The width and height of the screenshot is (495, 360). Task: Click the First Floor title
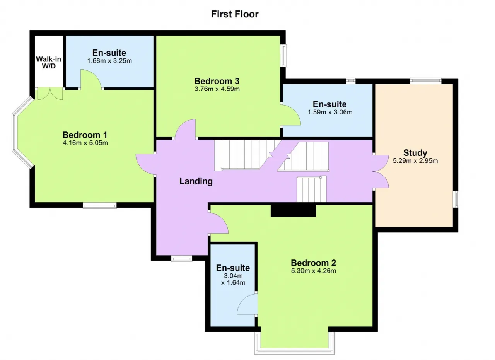click(235, 14)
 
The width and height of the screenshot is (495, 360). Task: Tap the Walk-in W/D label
click(49, 63)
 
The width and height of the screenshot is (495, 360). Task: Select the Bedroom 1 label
click(85, 135)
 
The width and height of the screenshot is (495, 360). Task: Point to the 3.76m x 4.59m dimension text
click(217, 89)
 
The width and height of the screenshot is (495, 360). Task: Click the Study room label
click(415, 153)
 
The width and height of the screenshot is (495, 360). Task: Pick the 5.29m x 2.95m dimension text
click(415, 161)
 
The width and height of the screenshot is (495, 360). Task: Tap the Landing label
click(196, 181)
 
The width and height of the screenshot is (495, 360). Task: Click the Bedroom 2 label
click(313, 263)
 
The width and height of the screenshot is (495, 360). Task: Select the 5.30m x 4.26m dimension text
click(314, 271)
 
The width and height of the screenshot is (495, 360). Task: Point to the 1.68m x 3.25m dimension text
click(109, 61)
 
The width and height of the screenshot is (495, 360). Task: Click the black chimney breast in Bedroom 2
click(294, 210)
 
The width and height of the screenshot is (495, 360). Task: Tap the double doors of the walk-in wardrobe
click(50, 94)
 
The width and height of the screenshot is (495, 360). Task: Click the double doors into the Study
click(381, 171)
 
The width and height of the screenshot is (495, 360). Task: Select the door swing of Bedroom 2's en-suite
click(247, 304)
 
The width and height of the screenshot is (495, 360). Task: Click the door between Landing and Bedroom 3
click(185, 129)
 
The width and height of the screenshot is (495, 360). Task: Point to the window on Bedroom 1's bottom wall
click(100, 206)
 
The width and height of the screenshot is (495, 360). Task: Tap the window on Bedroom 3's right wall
click(283, 55)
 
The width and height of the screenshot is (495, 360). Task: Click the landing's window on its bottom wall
click(182, 258)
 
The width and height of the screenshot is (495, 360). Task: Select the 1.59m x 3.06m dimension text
click(330, 112)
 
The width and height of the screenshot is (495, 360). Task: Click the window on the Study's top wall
click(426, 81)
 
